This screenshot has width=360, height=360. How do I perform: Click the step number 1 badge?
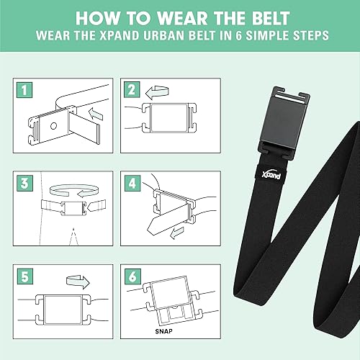tap(24, 91)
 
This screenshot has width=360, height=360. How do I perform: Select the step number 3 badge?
tap(24, 183)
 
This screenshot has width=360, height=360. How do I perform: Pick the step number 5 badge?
tap(24, 274)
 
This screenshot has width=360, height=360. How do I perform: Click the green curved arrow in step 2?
tap(155, 92)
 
